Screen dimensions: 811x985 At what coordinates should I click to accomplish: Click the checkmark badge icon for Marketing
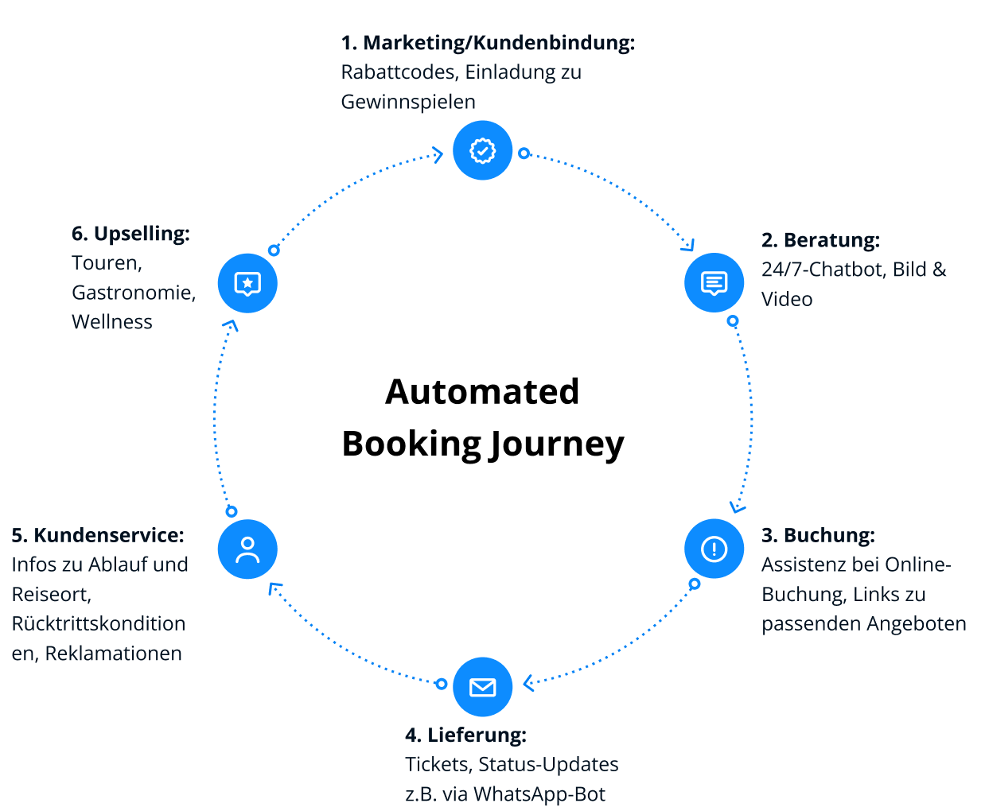point(482,150)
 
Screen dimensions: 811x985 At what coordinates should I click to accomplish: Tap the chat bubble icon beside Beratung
point(714,282)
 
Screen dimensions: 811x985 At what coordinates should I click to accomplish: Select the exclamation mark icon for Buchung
point(714,549)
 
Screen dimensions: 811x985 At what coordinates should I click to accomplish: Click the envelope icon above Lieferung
point(482,687)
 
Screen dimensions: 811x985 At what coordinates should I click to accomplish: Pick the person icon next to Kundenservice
point(247,549)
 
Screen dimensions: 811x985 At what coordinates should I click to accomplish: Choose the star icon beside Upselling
point(247,283)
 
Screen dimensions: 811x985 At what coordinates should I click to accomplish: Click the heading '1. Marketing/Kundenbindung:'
point(488,43)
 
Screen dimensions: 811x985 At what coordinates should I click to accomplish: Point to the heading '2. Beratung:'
point(820,240)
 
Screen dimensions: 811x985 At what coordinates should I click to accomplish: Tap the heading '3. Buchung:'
point(818,535)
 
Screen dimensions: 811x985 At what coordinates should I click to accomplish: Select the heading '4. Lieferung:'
point(465,735)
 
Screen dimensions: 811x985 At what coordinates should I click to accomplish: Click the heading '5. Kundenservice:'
point(98,535)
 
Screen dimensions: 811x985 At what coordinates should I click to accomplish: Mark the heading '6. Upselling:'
point(130,234)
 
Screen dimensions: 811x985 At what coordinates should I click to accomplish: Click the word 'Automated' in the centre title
point(482,391)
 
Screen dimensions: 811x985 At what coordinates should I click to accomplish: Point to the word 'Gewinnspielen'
point(408,102)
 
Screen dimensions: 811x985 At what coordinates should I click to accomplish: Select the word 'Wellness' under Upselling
point(112,322)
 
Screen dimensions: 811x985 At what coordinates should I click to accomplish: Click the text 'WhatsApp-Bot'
point(539,794)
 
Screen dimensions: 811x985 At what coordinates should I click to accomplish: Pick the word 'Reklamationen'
point(114,654)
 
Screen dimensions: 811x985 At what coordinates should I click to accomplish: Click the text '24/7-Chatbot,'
point(823,270)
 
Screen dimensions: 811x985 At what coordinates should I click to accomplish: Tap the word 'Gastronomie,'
point(134,293)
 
